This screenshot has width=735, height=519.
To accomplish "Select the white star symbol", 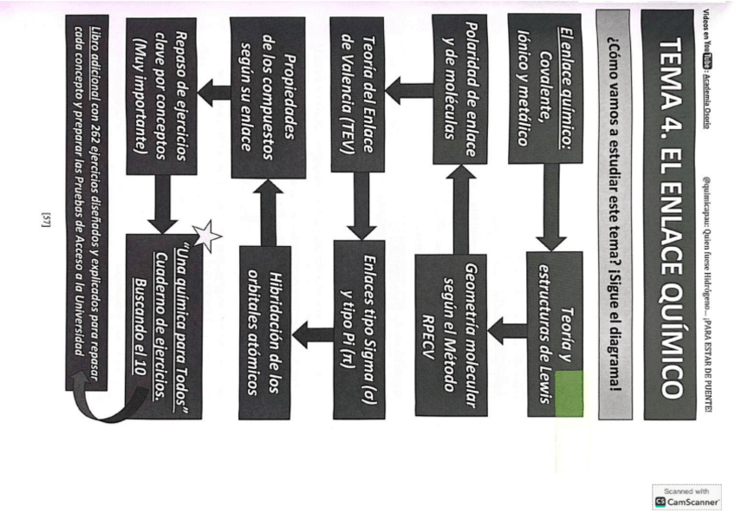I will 206,235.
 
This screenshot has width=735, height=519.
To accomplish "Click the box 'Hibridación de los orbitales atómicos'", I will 263,333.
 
